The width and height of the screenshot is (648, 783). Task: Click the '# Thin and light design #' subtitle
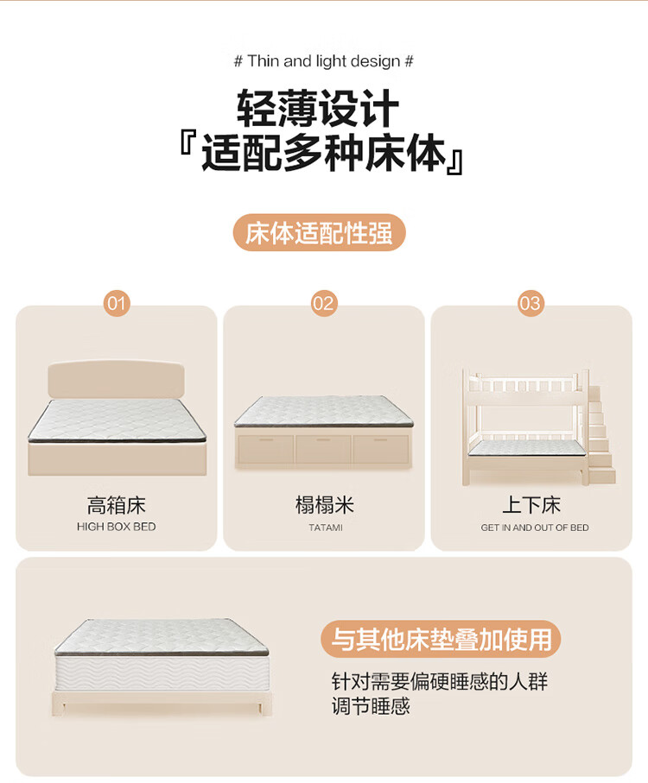[x=324, y=61]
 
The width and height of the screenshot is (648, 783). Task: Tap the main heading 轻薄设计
[x=318, y=109]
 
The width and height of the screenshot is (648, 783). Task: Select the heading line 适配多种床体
[x=323, y=154]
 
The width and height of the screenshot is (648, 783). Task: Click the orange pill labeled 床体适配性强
[x=320, y=233]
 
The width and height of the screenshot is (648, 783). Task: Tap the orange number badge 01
[x=117, y=304]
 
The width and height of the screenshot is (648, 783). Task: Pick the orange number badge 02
[x=324, y=304]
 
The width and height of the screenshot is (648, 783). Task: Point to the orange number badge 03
[x=530, y=304]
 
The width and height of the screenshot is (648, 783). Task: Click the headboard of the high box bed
[x=117, y=379]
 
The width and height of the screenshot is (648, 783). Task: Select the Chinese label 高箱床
[x=117, y=505]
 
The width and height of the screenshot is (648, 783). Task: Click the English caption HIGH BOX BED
[x=117, y=527]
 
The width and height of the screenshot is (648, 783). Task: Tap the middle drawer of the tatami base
[x=323, y=450]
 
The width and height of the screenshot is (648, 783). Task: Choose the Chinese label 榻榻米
[x=324, y=505]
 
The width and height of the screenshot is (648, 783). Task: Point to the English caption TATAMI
[x=326, y=527]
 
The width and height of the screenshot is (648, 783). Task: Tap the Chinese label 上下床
[x=531, y=505]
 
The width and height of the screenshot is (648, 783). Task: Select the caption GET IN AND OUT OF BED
[x=535, y=527]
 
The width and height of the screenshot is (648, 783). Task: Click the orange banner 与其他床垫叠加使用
[x=441, y=639]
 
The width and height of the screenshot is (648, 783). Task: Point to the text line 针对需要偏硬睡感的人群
[x=440, y=682]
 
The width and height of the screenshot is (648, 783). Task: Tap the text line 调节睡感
[x=371, y=706]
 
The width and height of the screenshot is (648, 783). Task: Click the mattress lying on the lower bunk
[x=526, y=448]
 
